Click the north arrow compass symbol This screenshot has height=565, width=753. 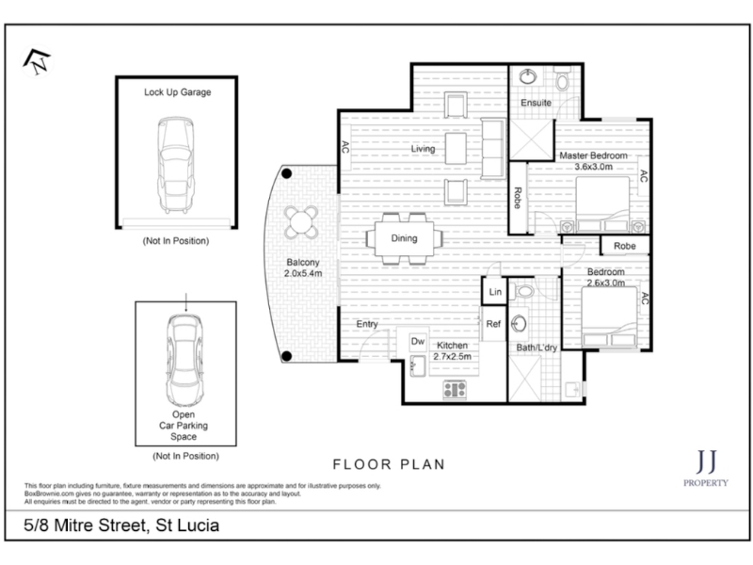tap(37, 61)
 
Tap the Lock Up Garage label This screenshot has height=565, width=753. tap(177, 92)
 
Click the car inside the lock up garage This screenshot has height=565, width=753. tap(176, 165)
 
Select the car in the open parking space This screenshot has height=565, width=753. tap(184, 361)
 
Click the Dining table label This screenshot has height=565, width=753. tap(404, 238)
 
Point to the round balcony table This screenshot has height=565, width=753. tap(301, 222)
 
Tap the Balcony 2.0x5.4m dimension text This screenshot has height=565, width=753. tap(303, 267)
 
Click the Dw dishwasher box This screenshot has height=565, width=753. tap(418, 342)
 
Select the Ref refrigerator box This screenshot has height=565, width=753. tap(493, 324)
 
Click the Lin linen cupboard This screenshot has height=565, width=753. tap(495, 291)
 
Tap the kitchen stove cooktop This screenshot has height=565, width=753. tap(455, 389)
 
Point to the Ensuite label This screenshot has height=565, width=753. tap(536, 103)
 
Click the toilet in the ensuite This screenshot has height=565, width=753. tap(562, 79)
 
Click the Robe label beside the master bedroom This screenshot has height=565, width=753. tap(518, 198)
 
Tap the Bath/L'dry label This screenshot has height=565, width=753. tap(537, 347)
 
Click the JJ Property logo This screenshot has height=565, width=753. tap(706, 467)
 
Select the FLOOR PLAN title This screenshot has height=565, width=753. tap(389, 464)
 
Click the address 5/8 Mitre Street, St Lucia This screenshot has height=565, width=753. tap(121, 525)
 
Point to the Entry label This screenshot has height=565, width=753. tap(367, 324)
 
